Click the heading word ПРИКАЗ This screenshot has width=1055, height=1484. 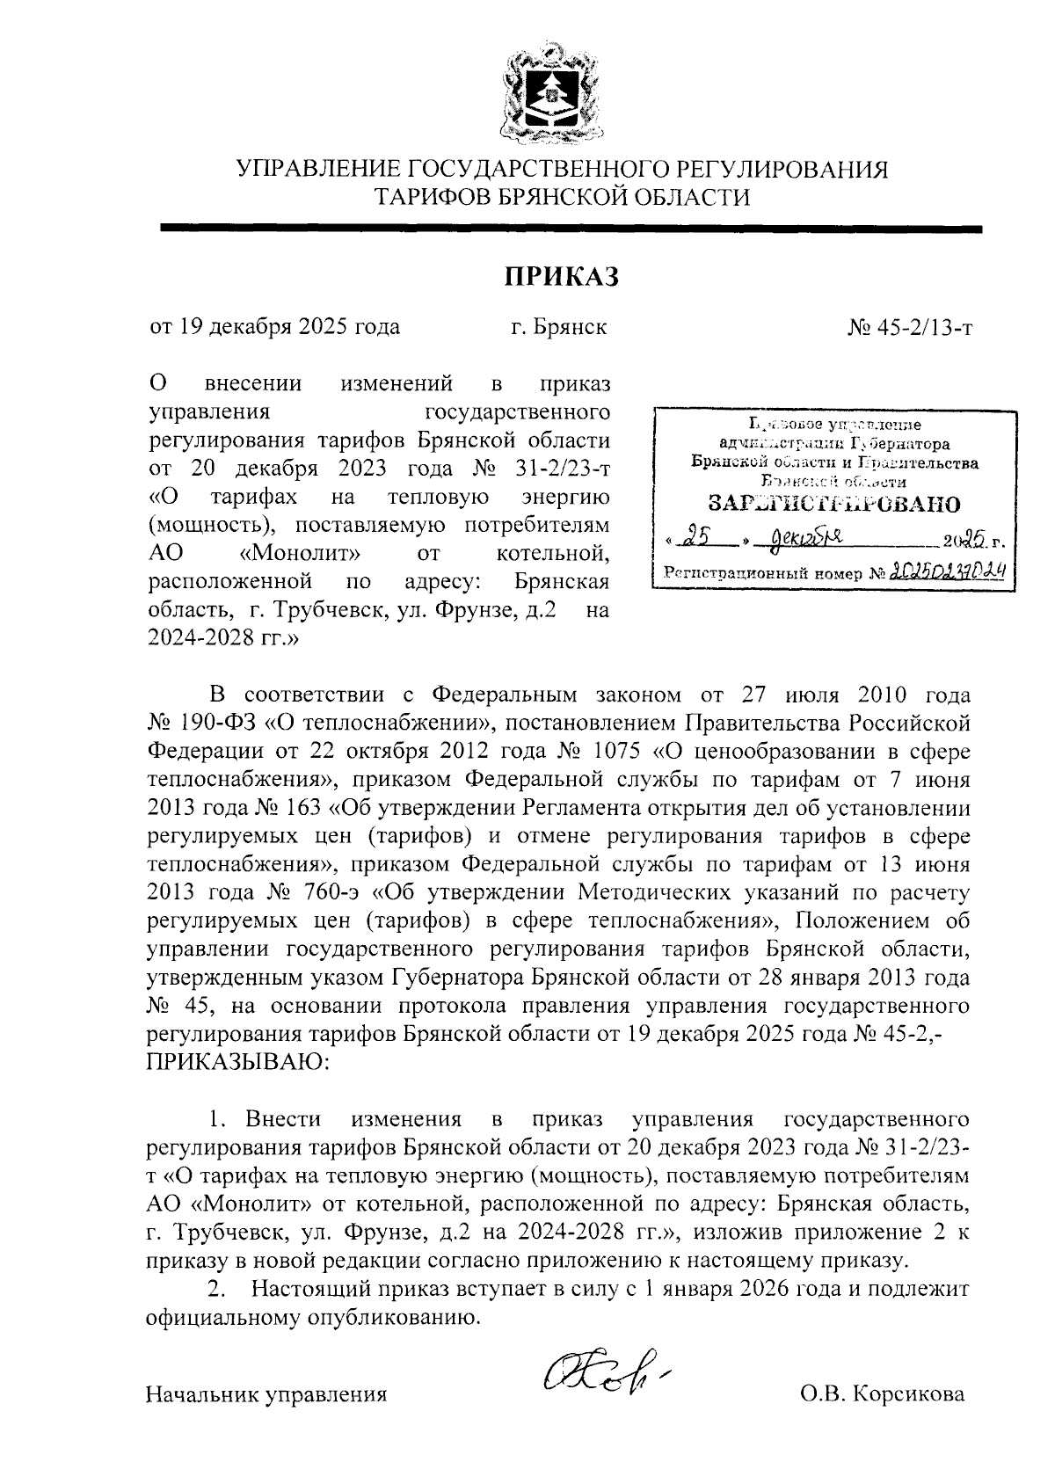pos(562,277)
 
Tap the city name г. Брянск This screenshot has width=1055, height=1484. pos(559,328)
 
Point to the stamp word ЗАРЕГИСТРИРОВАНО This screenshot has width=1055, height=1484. pos(834,504)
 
